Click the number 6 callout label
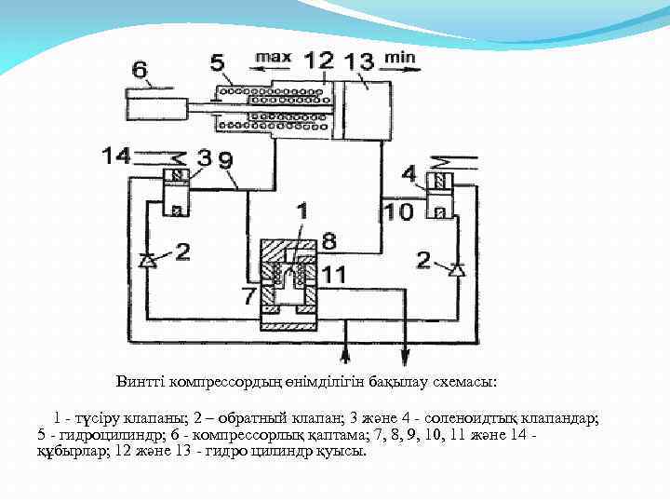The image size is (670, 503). (x=140, y=68)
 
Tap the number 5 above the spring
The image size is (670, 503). (x=217, y=63)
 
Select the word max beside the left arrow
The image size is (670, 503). (x=273, y=57)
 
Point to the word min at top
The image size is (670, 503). (x=400, y=57)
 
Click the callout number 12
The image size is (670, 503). (x=319, y=61)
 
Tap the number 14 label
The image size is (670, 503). (x=117, y=155)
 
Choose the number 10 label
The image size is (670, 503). (x=399, y=211)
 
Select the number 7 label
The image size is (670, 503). (x=248, y=296)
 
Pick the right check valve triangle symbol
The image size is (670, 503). (x=455, y=270)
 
